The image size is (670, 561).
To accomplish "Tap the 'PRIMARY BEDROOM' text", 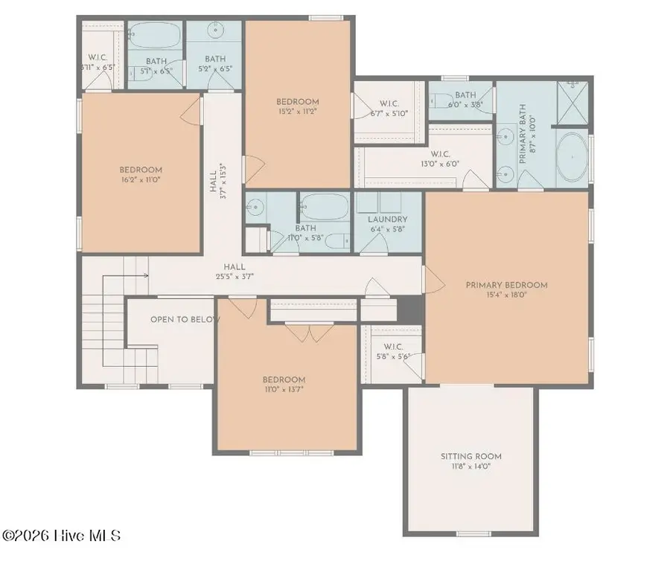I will tap(506, 285).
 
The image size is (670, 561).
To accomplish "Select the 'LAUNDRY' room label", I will tap(387, 219).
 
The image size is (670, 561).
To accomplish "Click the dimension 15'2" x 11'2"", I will tap(297, 112).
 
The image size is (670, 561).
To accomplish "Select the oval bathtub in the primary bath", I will tap(572, 158).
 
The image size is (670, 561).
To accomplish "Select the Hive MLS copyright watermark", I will tap(61, 536).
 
